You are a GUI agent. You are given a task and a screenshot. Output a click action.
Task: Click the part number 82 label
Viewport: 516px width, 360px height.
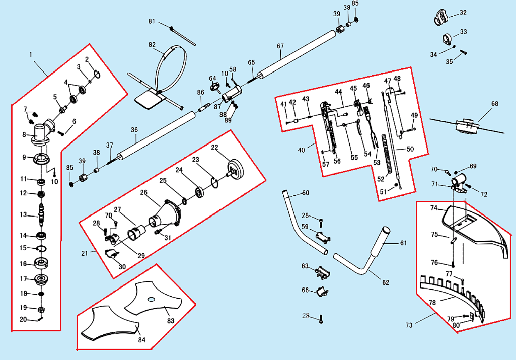tap(152, 45)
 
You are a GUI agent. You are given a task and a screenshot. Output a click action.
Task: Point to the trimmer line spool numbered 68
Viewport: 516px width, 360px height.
tap(466, 126)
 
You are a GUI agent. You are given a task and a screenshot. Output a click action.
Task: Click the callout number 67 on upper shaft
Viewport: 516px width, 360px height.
tap(281, 46)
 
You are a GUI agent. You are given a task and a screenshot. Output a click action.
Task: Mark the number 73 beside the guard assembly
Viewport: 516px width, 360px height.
tap(409, 325)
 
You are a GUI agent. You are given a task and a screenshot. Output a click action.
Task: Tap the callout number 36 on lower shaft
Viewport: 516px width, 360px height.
tap(134, 130)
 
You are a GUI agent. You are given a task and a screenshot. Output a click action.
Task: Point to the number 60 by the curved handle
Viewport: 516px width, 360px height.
tap(306, 193)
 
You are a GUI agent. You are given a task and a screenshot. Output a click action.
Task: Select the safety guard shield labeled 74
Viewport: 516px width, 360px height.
tap(471, 222)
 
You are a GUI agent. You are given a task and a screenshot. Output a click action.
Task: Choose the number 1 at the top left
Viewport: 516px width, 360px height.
tap(31, 54)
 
